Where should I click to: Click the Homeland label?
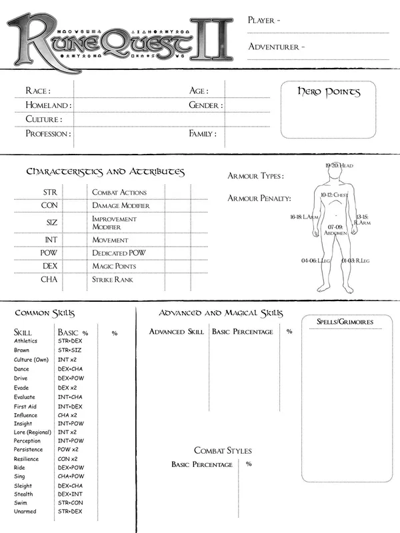48,105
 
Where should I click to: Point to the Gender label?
205,105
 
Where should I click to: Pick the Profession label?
48,134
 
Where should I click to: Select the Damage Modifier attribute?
121,206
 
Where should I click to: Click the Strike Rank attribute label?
113,280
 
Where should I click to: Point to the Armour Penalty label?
259,199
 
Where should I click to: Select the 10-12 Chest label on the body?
334,195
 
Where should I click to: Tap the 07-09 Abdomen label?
333,230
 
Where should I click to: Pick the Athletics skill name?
26,341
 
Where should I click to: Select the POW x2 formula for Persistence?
67,450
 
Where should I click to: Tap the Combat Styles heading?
223,450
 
